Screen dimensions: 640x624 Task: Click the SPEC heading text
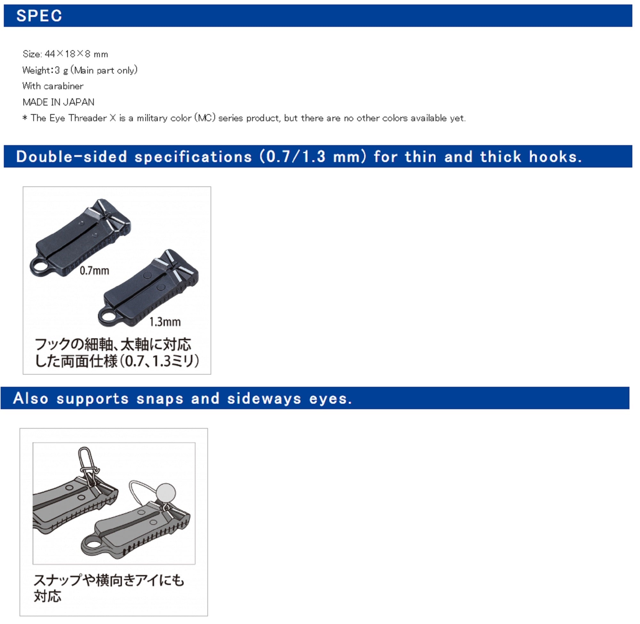pyautogui.click(x=39, y=16)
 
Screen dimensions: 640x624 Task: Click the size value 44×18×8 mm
pyautogui.click(x=76, y=54)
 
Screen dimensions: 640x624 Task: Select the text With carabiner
pyautogui.click(x=53, y=86)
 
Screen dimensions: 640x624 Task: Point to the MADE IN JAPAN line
pyautogui.click(x=58, y=102)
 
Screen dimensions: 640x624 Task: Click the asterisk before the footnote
pyautogui.click(x=25, y=118)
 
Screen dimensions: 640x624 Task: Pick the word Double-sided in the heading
pyautogui.click(x=71, y=157)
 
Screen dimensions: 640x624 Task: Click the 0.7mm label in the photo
pyautogui.click(x=94, y=271)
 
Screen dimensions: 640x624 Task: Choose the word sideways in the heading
pyautogui.click(x=264, y=399)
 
